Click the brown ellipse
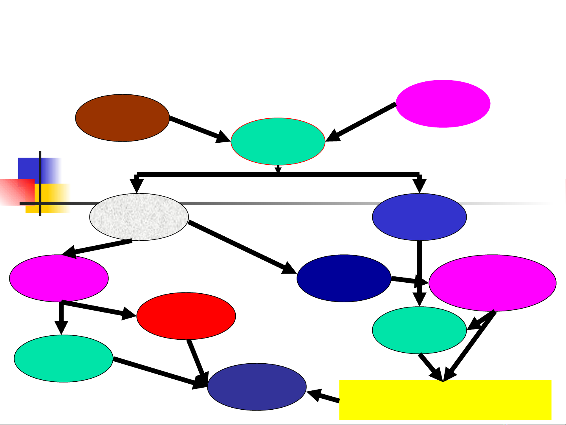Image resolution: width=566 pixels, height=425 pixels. coord(122,118)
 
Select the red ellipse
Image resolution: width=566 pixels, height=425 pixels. coord(186,316)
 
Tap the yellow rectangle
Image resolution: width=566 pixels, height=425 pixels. coord(445,400)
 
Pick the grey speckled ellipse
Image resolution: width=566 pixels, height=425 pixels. coord(139,217)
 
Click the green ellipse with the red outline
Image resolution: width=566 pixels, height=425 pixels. coord(278,142)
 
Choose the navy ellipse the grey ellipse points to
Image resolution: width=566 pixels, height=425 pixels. coord(344,278)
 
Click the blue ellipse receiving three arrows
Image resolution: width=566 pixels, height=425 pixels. coord(256,387)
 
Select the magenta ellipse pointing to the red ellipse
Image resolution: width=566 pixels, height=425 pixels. coord(59,278)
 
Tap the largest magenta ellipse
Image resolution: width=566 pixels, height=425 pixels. coord(492,283)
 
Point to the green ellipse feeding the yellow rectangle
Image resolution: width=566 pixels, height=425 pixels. coord(419,330)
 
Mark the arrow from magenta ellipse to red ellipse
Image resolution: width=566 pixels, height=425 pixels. coord(98,309)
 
